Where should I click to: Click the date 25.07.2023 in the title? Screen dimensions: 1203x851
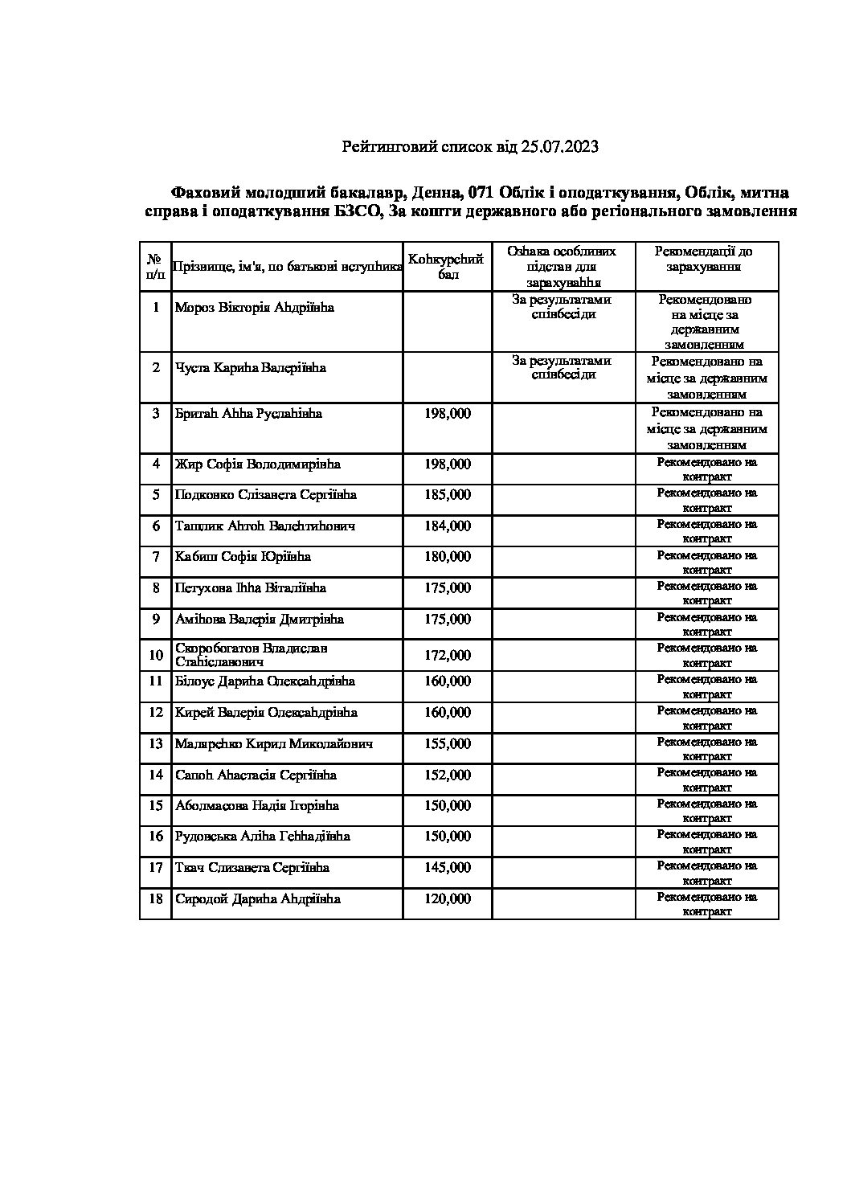point(559,147)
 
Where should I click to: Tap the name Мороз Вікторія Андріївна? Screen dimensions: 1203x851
point(254,308)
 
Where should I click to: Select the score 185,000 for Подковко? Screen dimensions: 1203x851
point(448,495)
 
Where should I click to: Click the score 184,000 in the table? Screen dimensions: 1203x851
point(448,526)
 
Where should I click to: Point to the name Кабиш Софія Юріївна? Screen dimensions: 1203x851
point(243,557)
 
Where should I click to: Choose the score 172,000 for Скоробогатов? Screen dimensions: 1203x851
point(448,656)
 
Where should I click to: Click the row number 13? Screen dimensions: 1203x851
point(156,744)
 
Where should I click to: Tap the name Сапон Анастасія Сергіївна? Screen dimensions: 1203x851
point(256,775)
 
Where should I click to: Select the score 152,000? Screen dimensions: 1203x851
point(448,775)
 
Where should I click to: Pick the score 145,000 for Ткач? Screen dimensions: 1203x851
point(448,868)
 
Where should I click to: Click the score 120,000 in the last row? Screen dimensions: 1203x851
point(448,899)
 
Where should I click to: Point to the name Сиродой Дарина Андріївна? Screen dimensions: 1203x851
point(257,899)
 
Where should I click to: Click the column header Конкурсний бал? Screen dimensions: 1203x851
point(448,267)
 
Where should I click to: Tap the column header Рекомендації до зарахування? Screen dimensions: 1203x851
point(707,259)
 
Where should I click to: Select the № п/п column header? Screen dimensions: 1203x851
point(156,267)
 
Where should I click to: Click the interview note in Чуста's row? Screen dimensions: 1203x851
point(563,368)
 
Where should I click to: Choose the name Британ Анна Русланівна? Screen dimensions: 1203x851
point(248,414)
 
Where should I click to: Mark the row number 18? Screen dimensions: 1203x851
point(156,899)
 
